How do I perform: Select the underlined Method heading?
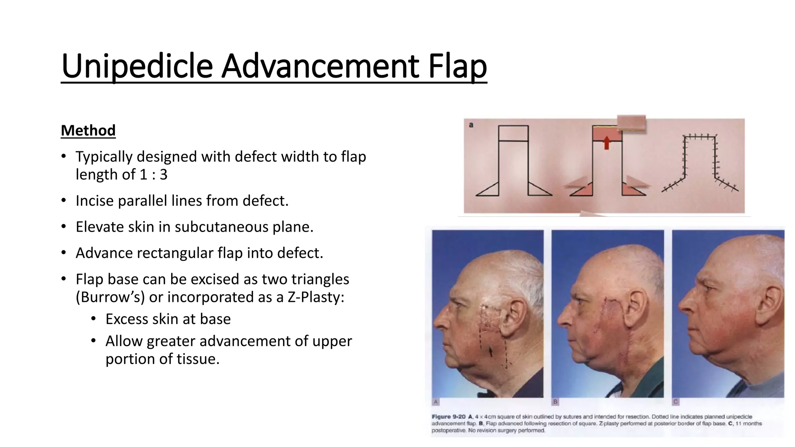tap(88, 130)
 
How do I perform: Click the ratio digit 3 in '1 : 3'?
tap(163, 175)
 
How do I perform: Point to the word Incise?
tap(94, 201)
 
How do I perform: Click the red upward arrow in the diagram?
tap(607, 143)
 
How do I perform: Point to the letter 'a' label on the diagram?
tap(471, 125)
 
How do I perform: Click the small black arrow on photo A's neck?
tap(491, 352)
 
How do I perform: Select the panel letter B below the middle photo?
tap(555, 402)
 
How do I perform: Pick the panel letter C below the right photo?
tap(676, 402)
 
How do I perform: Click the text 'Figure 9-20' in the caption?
tap(448, 417)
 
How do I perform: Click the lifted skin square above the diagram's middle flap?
tap(632, 123)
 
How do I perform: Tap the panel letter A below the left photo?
tap(436, 402)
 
